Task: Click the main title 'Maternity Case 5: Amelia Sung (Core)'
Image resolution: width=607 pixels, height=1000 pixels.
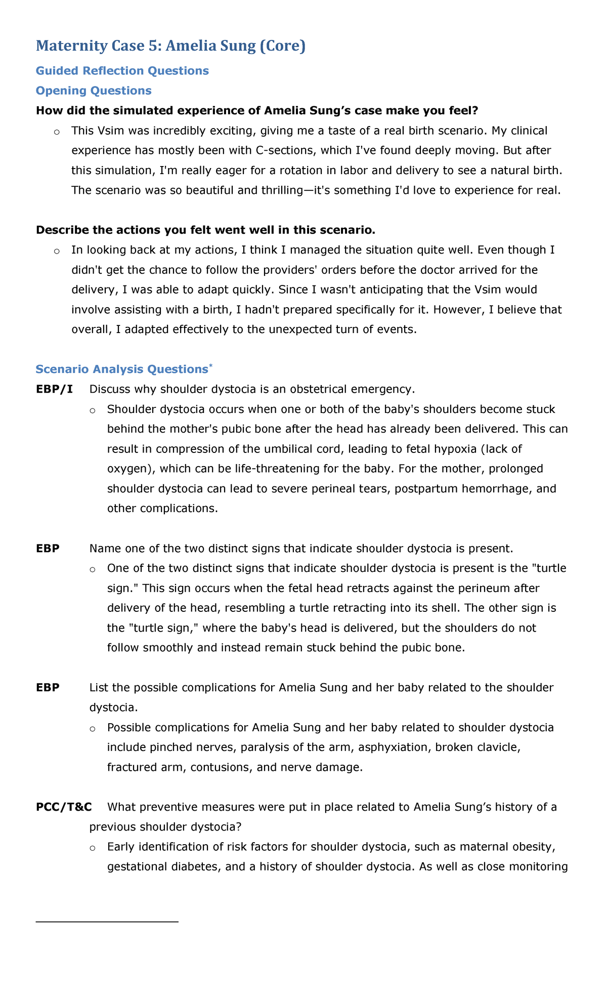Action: click(x=170, y=46)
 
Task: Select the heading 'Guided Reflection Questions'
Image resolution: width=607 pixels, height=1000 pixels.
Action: click(x=122, y=71)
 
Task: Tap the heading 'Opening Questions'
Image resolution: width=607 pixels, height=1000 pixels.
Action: click(x=94, y=91)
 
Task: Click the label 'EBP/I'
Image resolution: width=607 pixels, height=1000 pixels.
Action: click(x=54, y=389)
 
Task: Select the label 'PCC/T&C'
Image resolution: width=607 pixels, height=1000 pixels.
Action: click(x=64, y=807)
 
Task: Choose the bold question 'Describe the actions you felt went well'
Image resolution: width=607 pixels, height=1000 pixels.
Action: click(x=205, y=230)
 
